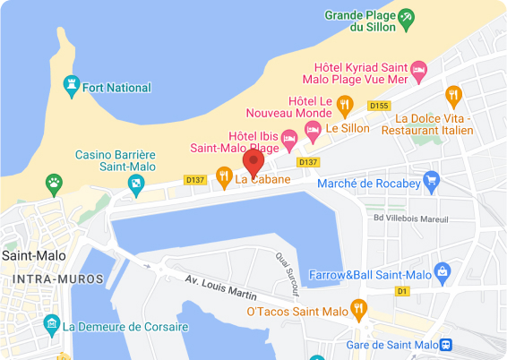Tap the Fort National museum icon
[71, 87]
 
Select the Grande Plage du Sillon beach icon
[407, 17]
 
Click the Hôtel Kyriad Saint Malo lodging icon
[417, 69]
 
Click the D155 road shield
[379, 106]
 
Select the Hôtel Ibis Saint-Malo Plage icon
[289, 139]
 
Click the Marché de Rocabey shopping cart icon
[431, 180]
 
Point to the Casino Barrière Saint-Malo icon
[136, 184]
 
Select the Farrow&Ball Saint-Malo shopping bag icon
[441, 270]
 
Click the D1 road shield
[402, 292]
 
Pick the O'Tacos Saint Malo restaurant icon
[359, 310]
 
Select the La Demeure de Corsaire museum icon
[52, 322]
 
